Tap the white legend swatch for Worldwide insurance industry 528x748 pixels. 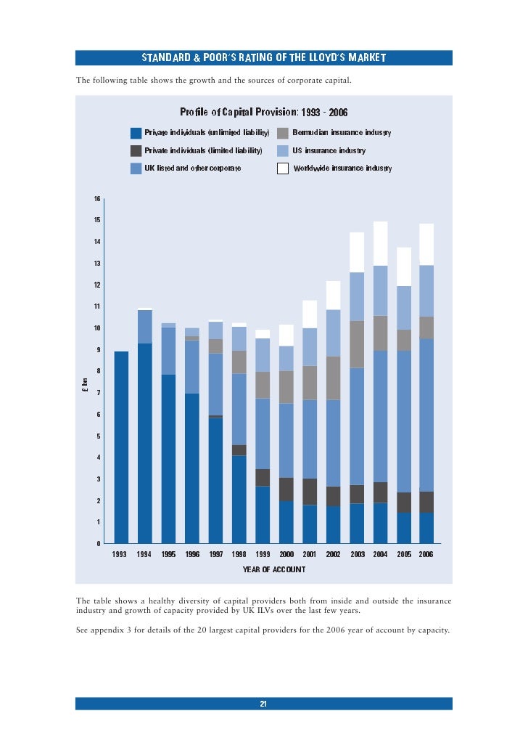(283, 168)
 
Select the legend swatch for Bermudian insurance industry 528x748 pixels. (283, 134)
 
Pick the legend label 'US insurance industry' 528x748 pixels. (329, 151)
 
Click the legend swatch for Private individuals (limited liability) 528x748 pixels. (136, 151)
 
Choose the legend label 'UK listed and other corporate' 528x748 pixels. (192, 168)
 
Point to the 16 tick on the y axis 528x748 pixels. (96, 199)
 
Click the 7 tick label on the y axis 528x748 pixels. (98, 393)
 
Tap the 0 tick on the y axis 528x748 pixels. (98, 544)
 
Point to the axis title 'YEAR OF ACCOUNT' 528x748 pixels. (273, 570)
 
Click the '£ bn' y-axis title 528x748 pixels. (84, 385)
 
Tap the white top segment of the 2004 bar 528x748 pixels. (380, 243)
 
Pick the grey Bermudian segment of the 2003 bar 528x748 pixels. (357, 344)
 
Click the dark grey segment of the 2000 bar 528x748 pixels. (286, 489)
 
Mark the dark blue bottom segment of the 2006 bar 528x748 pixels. (426, 528)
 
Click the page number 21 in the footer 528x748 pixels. (264, 704)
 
